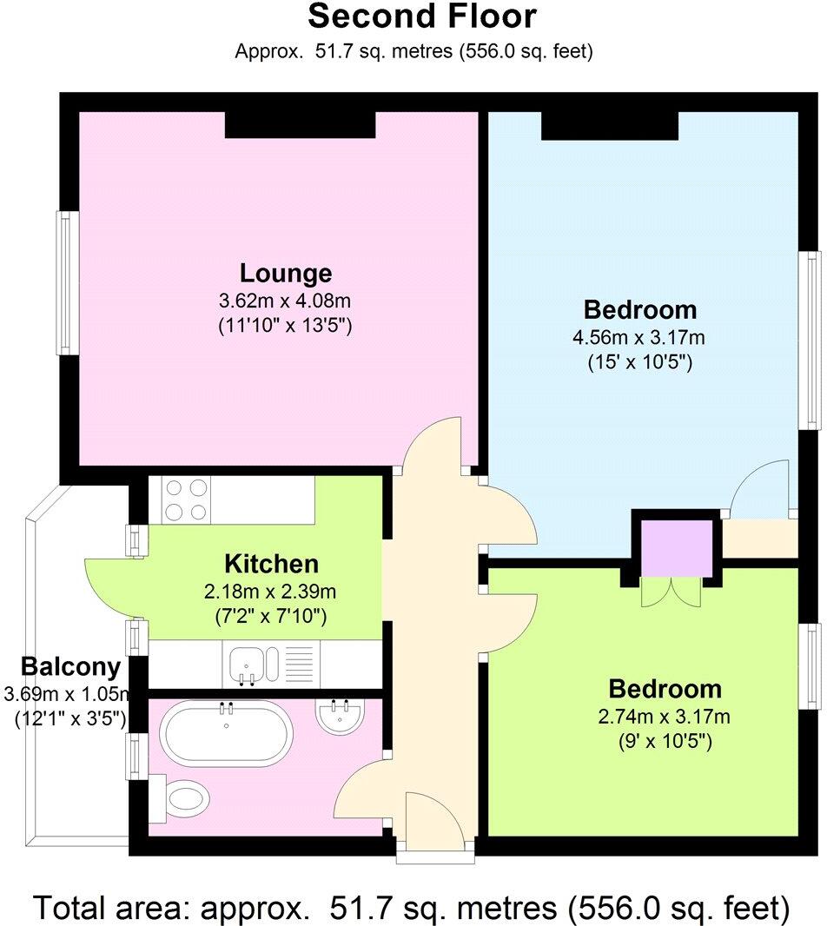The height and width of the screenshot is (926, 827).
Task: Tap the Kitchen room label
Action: tap(271, 564)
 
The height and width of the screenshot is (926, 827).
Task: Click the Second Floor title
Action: tap(422, 17)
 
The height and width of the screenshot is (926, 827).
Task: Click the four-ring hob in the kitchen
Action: tap(185, 500)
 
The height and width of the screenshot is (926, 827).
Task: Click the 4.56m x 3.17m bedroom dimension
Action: tap(638, 337)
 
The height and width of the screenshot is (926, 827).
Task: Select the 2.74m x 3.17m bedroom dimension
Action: tap(665, 717)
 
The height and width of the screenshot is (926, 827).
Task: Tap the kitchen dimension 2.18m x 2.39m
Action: tap(271, 592)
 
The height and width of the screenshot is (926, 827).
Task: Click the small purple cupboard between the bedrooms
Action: tap(676, 548)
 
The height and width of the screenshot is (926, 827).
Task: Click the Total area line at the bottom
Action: tap(413, 908)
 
